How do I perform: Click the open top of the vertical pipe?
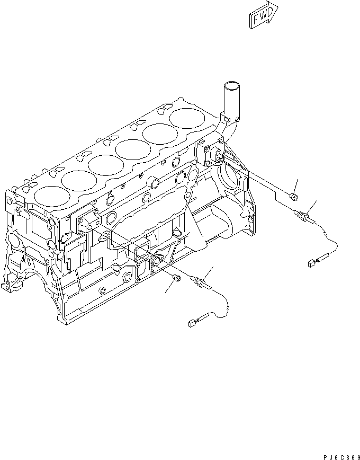click(231, 85)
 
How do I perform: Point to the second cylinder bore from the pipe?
click(158, 135)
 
